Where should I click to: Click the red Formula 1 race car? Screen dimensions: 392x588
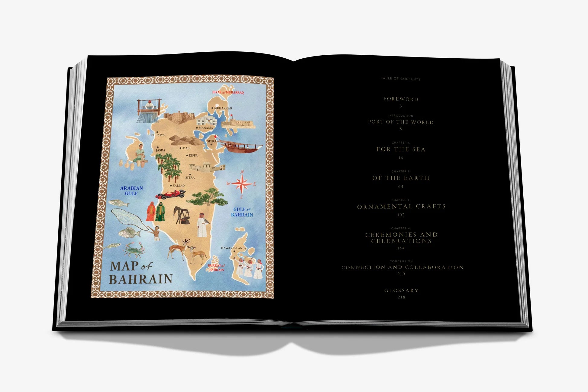pos(170,195)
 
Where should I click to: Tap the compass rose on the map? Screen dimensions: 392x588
pos(242,183)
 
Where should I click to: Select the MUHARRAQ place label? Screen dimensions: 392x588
pos(223,108)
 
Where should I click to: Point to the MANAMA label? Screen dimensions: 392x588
pos(206,128)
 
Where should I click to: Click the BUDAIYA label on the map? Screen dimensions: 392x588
pos(158,135)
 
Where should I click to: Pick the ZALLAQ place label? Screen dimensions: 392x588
pos(178,186)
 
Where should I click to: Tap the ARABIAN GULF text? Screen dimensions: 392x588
pos(131,191)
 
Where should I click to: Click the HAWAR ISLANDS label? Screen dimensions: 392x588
pos(233,248)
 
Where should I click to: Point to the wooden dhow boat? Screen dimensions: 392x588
pos(240,147)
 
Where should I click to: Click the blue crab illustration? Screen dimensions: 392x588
pos(134,249)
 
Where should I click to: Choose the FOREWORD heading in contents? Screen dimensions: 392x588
pos(401,99)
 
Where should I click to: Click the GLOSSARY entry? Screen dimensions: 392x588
pos(401,290)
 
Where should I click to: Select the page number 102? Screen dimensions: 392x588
pos(401,215)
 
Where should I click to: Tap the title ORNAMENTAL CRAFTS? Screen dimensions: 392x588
pos(401,206)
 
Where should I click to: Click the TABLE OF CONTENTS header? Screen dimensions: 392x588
pos(400,79)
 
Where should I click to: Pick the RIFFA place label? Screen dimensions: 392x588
pos(193,155)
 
